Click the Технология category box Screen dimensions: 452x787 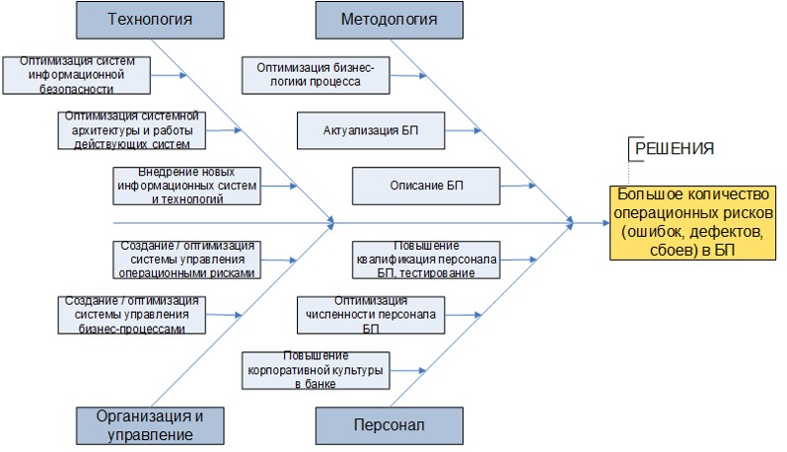(149, 20)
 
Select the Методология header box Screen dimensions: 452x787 (389, 20)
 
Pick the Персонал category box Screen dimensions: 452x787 (389, 425)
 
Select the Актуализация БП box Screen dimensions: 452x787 (370, 129)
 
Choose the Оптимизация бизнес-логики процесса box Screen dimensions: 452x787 (316, 74)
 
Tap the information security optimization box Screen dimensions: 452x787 (77, 73)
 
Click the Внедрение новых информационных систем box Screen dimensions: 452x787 (186, 186)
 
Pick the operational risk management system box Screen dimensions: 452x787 (186, 259)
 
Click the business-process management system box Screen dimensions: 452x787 (131, 314)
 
